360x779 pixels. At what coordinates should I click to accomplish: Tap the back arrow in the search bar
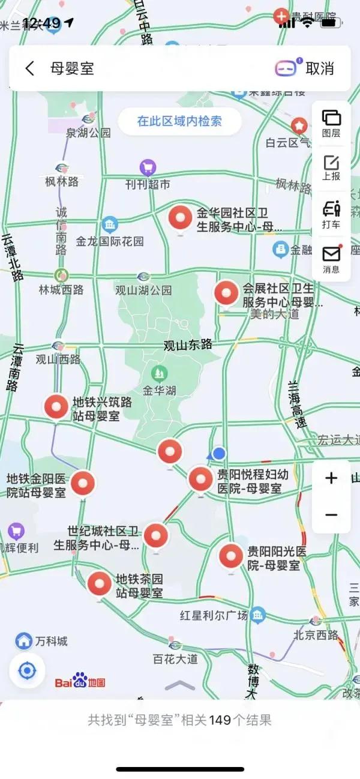(30, 68)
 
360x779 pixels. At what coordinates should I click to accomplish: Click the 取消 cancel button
(320, 68)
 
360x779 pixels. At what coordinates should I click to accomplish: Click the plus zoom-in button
(331, 478)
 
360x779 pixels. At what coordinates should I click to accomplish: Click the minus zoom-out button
(331, 515)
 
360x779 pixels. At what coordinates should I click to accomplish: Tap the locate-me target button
(27, 670)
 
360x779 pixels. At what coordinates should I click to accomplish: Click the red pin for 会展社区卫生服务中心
(227, 293)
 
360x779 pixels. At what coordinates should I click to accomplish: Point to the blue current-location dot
(220, 453)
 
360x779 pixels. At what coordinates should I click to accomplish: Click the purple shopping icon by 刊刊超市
(148, 167)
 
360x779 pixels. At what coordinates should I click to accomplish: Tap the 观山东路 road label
(188, 345)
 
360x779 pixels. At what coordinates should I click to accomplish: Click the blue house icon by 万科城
(24, 641)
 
